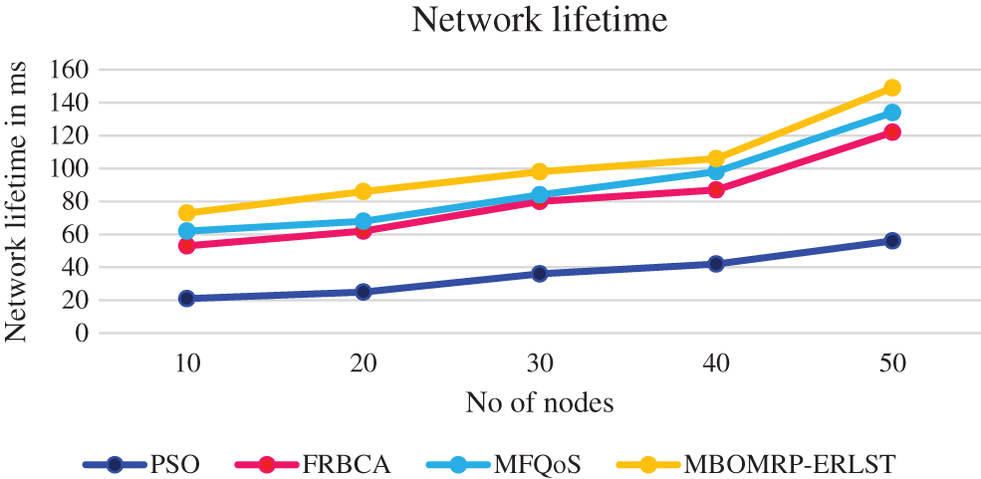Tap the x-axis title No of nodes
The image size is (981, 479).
pos(539,403)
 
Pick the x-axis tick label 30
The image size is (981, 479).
pos(539,364)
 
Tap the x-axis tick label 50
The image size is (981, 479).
pos(891,364)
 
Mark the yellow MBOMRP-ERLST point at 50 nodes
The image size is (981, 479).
pos(891,88)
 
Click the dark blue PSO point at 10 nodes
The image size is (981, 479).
pos(186,298)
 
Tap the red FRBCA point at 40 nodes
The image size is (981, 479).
pos(715,189)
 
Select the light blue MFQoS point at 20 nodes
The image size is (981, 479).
pos(363,221)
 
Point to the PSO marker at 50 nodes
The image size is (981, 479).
pos(891,240)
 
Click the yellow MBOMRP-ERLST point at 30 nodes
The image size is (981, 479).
pos(539,171)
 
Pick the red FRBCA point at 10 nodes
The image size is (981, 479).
pos(186,245)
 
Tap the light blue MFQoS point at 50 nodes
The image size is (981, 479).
pos(891,113)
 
